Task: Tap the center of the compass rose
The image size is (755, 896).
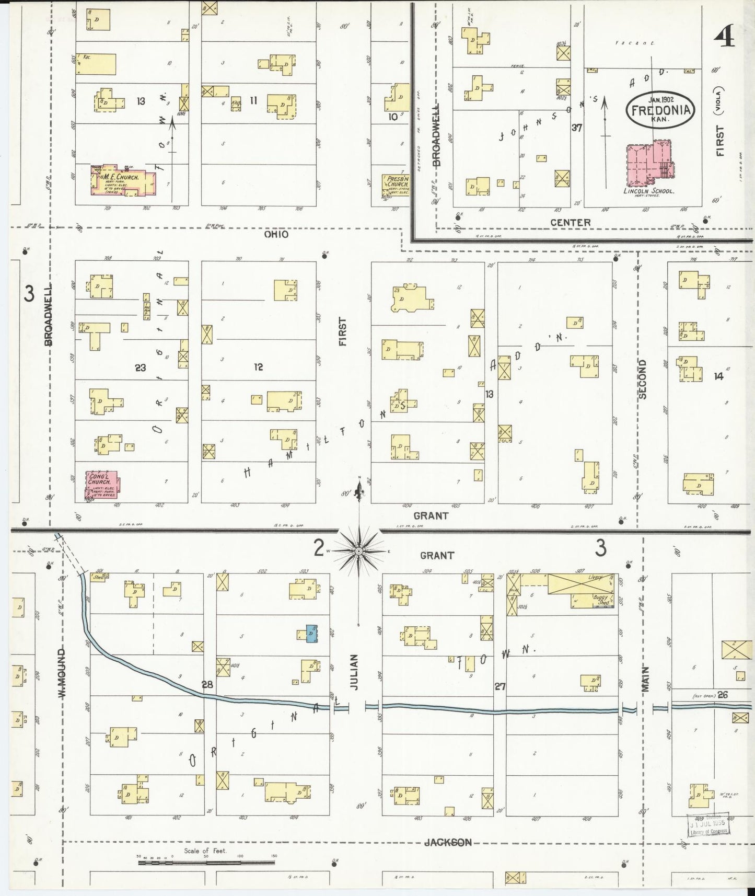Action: coord(359,552)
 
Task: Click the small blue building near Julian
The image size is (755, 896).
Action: coord(311,633)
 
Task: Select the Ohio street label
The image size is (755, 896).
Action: coord(276,235)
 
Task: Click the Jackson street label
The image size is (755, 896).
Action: coord(448,842)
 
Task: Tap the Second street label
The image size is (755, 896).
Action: coord(642,379)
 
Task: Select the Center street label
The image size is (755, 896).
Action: coord(570,223)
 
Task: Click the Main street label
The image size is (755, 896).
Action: coord(645,679)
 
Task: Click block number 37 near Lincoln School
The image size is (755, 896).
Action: coord(577,127)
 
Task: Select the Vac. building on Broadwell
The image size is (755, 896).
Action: coord(96,64)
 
